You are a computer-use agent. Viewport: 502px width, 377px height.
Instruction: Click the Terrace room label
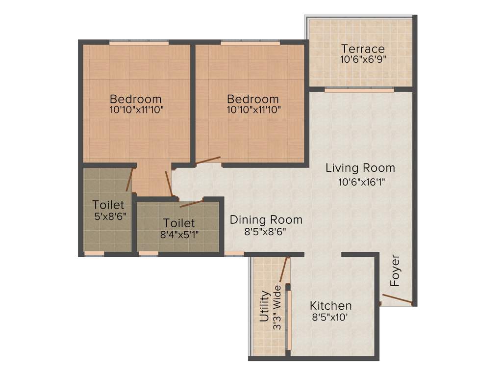pyautogui.click(x=363, y=49)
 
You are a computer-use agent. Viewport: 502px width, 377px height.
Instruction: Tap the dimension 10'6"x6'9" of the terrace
pyautogui.click(x=363, y=59)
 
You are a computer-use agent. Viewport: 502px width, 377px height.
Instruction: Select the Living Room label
pyautogui.click(x=360, y=168)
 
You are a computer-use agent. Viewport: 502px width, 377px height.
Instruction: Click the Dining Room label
pyautogui.click(x=266, y=219)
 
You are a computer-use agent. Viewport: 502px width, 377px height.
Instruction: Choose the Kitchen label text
pyautogui.click(x=330, y=306)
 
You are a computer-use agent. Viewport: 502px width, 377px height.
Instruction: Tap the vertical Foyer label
pyautogui.click(x=395, y=271)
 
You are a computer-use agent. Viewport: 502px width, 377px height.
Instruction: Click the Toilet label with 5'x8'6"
pyautogui.click(x=108, y=205)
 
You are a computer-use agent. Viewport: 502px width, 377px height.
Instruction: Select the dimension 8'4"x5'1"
pyautogui.click(x=179, y=235)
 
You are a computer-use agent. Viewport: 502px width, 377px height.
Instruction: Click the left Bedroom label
pyautogui.click(x=135, y=98)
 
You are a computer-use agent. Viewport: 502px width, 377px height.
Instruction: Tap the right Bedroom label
pyautogui.click(x=252, y=99)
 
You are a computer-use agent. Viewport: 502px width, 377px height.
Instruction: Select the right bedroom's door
pyautogui.click(x=207, y=161)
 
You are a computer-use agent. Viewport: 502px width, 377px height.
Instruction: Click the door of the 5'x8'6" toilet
pyautogui.click(x=129, y=180)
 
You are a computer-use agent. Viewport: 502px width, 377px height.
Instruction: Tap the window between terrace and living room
pyautogui.click(x=359, y=90)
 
